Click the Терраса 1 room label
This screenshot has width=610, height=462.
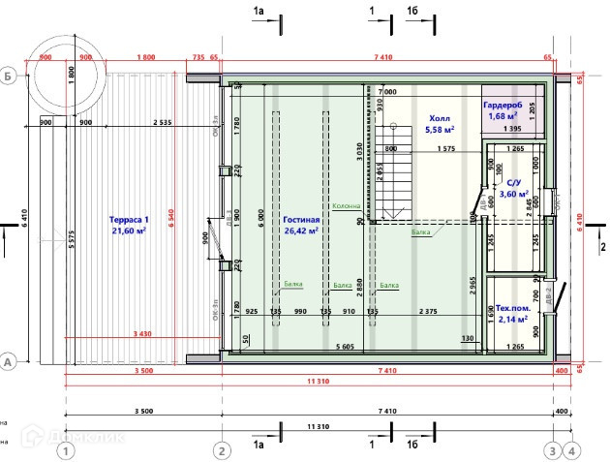coord(129,219)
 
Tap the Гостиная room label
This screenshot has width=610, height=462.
coord(302,220)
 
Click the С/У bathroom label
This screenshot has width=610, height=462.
coord(514,182)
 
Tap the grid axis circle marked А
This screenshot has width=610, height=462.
coord(8,360)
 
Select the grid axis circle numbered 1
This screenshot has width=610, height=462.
coord(65,450)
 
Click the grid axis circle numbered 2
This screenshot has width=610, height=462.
coord(222,450)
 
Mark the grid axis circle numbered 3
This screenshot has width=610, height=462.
coord(553,450)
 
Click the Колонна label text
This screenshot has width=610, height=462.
coord(347,206)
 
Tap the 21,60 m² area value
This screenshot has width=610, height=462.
coord(129,231)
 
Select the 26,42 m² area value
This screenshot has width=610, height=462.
coord(302,231)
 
